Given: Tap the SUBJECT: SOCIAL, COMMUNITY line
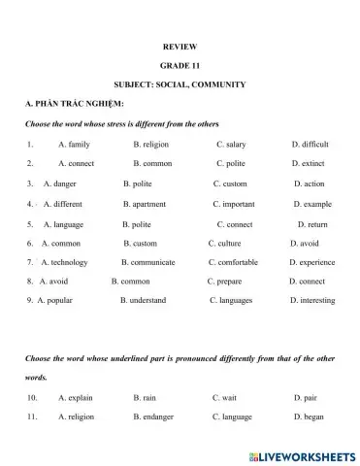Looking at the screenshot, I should coord(180,84).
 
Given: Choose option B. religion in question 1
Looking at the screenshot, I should coord(150,144).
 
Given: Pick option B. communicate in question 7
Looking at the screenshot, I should coord(148,262).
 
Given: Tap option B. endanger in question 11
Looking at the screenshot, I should coord(154,417).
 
